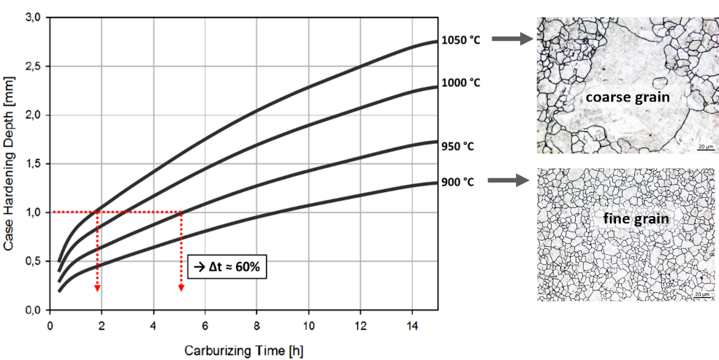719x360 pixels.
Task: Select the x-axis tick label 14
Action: pos(411,323)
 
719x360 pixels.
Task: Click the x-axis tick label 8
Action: pos(257,323)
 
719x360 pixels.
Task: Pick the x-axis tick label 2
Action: pos(102,323)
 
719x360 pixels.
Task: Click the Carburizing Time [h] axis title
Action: pos(243,350)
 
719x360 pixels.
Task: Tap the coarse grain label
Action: pos(628,96)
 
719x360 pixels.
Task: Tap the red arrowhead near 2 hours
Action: pos(96,289)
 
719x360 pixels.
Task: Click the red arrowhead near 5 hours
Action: pos(180,289)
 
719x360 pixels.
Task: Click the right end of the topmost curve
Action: pos(436,42)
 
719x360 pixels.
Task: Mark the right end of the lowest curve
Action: pos(436,183)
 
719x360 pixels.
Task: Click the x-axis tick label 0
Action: pos(50,323)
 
